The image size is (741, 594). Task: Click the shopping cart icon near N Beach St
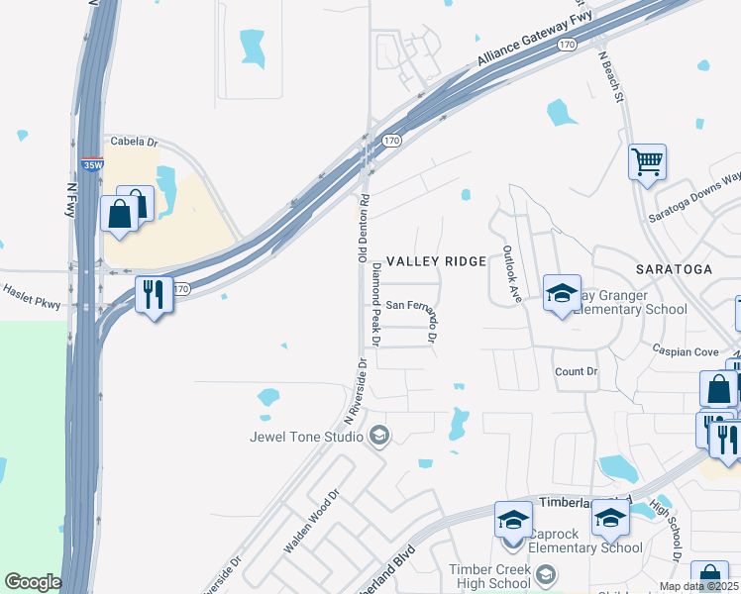click(647, 161)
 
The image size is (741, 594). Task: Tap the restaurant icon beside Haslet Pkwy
click(154, 294)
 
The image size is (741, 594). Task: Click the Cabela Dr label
click(134, 142)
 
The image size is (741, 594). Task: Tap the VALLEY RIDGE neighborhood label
click(436, 261)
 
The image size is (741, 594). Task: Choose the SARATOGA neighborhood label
click(674, 269)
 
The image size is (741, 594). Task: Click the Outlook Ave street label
click(511, 274)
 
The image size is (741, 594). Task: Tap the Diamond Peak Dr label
click(375, 303)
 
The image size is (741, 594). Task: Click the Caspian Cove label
click(685, 351)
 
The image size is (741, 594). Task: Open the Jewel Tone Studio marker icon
click(378, 435)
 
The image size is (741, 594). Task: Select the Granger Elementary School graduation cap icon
click(562, 293)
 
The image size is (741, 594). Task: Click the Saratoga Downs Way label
click(702, 189)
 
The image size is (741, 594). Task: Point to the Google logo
click(33, 582)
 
